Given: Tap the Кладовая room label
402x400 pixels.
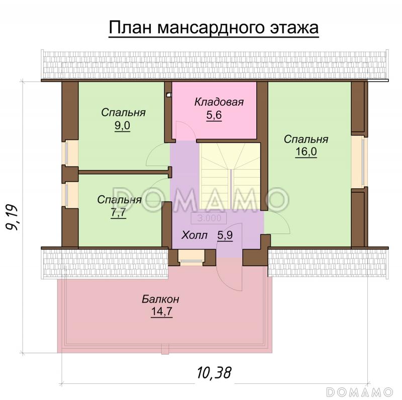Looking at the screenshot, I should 219,103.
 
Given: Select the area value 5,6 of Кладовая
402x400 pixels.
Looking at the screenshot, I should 214,115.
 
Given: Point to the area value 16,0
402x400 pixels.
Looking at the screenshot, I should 306,152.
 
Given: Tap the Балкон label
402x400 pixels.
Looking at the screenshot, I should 160,299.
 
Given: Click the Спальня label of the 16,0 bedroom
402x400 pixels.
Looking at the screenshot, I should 306,139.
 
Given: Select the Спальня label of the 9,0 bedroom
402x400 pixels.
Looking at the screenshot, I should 123,112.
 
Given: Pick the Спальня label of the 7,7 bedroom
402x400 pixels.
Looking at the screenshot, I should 119,200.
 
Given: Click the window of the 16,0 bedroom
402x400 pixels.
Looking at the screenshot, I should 359,162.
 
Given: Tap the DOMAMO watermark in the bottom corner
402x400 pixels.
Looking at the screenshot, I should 359,391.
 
